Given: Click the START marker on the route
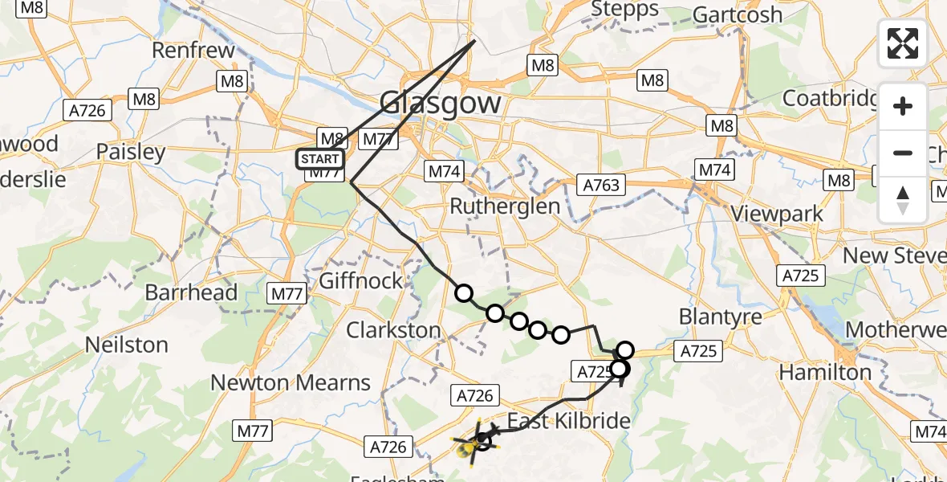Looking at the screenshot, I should point(320,159).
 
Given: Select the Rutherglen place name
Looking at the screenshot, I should point(504,206).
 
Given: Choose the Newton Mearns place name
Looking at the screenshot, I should point(290,383).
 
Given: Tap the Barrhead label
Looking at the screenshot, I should point(191,292).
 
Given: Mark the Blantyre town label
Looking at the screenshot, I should point(720,317).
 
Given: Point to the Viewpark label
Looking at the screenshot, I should point(777,214).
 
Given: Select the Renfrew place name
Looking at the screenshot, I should point(193,51).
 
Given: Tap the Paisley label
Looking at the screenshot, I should point(130,152).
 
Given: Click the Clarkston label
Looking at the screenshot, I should point(393,330).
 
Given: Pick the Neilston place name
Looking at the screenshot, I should point(126,345).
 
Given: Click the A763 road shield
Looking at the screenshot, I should point(601,186).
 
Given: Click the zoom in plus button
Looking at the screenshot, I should point(903,107).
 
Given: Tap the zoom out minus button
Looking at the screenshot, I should point(903,153).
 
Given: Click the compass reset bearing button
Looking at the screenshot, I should point(903,198).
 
